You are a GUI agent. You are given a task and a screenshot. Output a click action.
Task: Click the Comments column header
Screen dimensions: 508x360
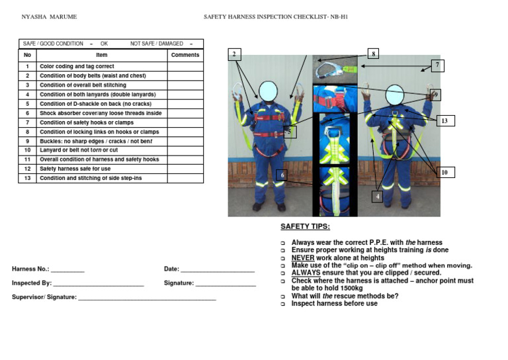[x=185, y=56]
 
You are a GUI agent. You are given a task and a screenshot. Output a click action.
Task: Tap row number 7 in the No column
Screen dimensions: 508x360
[x=27, y=122]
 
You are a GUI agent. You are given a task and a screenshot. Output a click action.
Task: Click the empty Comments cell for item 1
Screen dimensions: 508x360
[x=185, y=67]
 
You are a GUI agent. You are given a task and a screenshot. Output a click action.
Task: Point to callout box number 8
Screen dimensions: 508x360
[x=373, y=53]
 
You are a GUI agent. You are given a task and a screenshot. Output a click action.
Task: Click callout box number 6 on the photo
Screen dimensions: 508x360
[x=282, y=175]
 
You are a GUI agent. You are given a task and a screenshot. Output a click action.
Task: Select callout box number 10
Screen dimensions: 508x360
[x=444, y=172]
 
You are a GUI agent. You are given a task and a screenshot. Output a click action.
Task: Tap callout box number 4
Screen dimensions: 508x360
[x=378, y=197]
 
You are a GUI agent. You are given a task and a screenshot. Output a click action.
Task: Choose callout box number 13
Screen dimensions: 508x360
[x=444, y=120]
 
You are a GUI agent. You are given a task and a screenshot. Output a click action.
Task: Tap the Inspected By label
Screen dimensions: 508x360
[x=31, y=283]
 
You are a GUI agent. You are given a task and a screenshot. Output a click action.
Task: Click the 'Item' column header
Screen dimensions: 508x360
[x=101, y=56]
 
